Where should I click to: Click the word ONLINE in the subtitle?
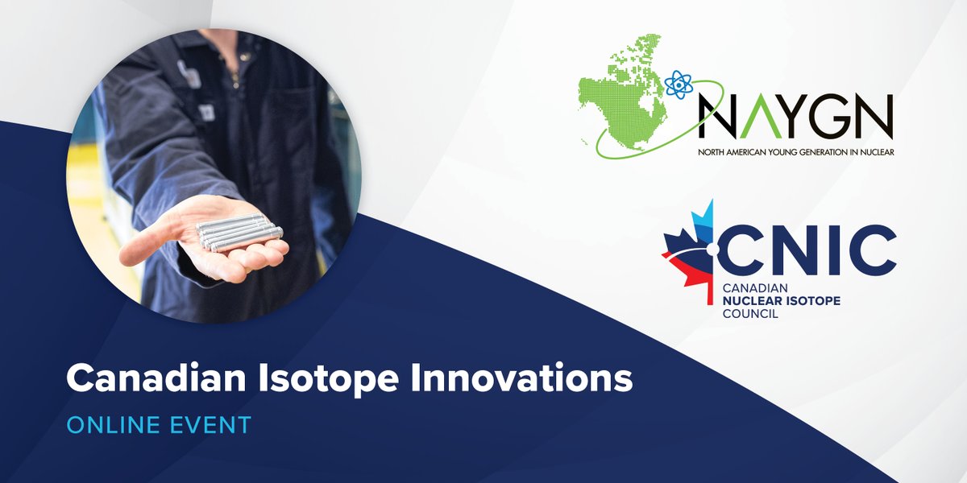point(110,425)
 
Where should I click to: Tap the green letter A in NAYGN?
point(752,117)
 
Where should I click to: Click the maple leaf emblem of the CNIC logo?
point(691,250)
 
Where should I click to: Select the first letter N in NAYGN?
point(715,117)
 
